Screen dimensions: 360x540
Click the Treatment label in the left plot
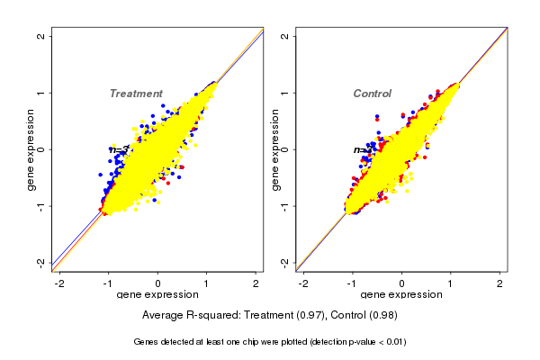point(136,94)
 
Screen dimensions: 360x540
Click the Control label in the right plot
point(372,94)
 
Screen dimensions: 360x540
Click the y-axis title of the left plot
point(31,149)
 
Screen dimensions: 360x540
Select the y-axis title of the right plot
point(276,149)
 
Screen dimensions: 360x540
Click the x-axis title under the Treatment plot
point(158,295)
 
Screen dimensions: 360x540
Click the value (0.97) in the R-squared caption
point(302,316)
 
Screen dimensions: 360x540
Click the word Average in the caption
point(164,316)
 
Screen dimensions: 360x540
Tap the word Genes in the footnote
point(147,342)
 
